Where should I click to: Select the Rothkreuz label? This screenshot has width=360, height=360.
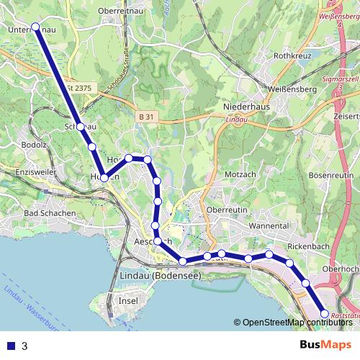click(x=292, y=55)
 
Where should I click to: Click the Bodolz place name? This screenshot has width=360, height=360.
click(x=35, y=144)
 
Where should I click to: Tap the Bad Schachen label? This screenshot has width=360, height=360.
click(x=50, y=213)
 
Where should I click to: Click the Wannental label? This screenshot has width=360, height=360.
click(x=269, y=226)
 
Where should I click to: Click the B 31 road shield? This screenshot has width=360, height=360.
click(x=146, y=117)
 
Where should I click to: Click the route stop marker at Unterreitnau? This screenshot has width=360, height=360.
click(x=35, y=27)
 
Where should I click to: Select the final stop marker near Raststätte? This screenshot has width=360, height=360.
click(x=324, y=313)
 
